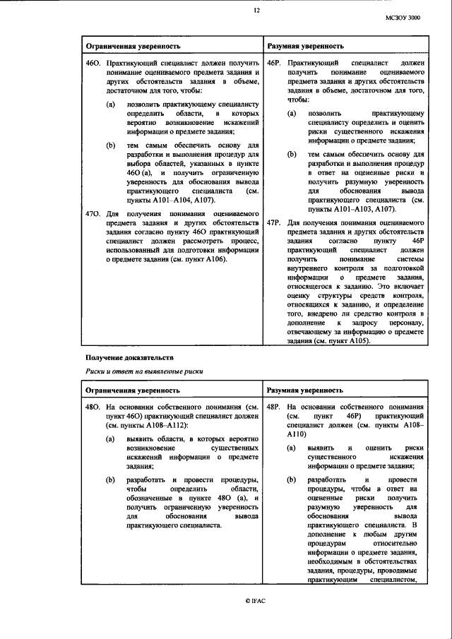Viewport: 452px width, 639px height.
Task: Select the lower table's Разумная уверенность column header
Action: pyautogui.click(x=305, y=389)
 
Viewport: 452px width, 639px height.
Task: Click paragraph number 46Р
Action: pyautogui.click(x=275, y=64)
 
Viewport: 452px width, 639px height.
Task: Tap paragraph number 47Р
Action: pyautogui.click(x=275, y=223)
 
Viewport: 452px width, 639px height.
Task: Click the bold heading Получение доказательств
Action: pyautogui.click(x=129, y=359)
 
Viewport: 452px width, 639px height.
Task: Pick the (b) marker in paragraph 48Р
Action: pyautogui.click(x=292, y=479)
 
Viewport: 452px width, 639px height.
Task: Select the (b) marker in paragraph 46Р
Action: pyautogui.click(x=292, y=153)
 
